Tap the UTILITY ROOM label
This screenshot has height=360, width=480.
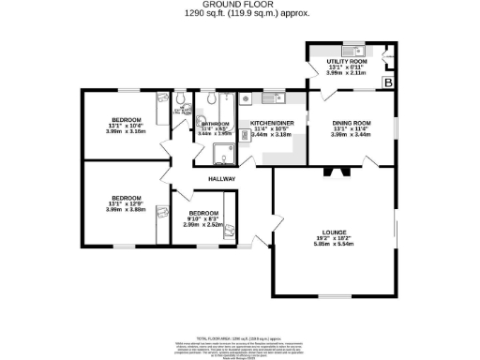tap(344, 61)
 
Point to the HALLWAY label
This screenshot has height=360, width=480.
tap(221, 179)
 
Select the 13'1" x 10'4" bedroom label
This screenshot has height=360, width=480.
tap(127, 120)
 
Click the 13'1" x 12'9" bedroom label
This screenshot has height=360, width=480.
tap(127, 198)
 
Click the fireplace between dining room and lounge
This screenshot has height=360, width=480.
tap(336, 171)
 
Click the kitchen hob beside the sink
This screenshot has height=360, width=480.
tap(245, 97)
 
